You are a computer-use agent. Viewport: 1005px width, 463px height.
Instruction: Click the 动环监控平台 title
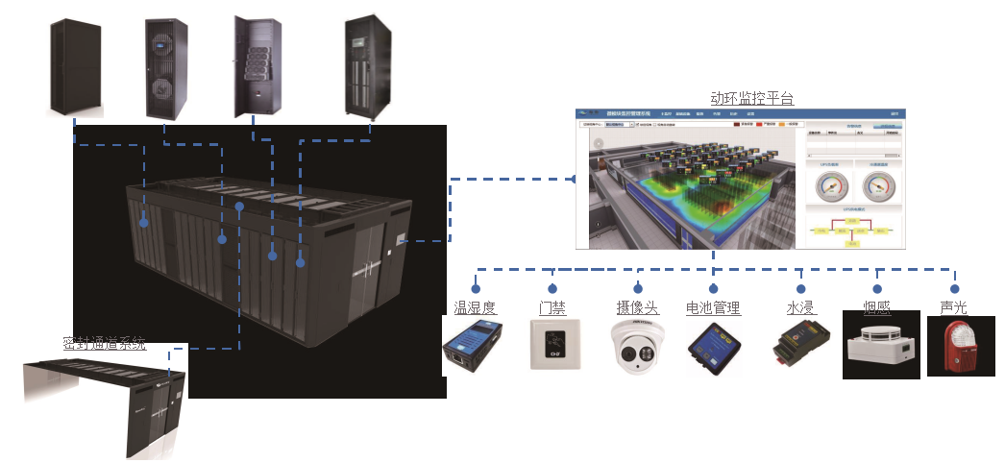[751, 98]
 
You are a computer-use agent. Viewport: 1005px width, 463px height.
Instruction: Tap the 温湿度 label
[475, 307]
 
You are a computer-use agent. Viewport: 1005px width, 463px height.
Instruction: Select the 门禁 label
[552, 307]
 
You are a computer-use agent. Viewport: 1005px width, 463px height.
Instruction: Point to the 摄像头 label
[637, 307]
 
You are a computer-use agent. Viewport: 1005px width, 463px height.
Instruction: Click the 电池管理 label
[713, 307]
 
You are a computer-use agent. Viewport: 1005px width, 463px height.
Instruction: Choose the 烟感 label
[876, 307]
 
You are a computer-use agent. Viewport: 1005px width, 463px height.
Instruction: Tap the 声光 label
[954, 307]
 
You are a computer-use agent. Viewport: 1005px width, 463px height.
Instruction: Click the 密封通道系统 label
[105, 342]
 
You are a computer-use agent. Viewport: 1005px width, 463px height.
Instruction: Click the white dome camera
[639, 346]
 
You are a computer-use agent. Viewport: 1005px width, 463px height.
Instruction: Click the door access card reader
[554, 345]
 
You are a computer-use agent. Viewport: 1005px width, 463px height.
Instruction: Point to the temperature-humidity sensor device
[474, 348]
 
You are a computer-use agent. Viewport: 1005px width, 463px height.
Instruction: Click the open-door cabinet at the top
[257, 67]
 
